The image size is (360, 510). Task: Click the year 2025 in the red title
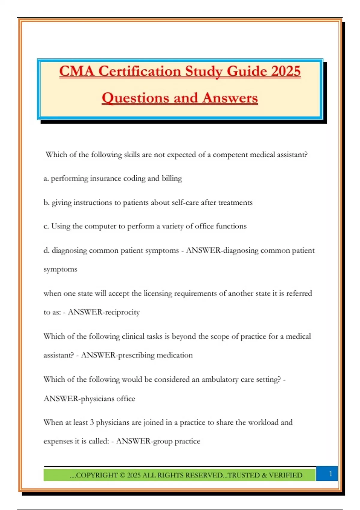coord(286,71)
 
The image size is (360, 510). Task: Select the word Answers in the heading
coord(230,98)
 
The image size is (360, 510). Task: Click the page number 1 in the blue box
coord(331,474)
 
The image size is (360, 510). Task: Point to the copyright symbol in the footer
coord(122,475)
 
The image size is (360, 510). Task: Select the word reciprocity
coord(122,312)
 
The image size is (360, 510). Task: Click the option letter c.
coord(46,226)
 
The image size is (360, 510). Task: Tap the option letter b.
coord(46,202)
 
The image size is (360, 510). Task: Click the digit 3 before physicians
coord(92,422)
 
